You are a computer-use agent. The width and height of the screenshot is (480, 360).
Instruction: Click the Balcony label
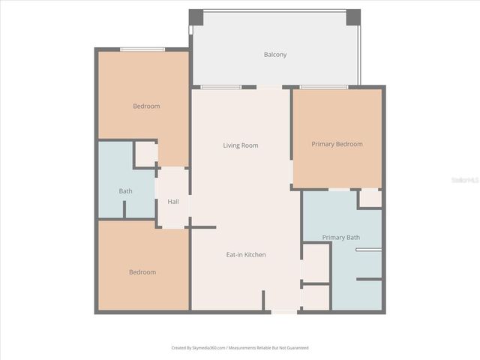(274, 55)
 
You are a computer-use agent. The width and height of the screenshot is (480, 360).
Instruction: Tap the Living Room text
(240, 145)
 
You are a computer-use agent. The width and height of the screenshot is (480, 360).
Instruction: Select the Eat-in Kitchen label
(245, 255)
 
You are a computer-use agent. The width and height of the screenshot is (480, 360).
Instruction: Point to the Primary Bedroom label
(337, 144)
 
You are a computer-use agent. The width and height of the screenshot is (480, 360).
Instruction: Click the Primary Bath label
(340, 238)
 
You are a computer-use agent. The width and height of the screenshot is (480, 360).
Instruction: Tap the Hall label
(173, 202)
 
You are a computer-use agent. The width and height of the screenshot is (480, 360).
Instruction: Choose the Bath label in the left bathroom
(125, 191)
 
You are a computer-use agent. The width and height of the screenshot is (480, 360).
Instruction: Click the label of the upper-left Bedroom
(146, 106)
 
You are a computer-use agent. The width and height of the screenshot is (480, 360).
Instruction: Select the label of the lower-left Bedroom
(142, 272)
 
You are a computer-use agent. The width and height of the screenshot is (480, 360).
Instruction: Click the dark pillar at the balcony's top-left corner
(195, 16)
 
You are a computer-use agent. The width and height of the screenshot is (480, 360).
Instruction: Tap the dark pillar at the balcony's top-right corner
(353, 16)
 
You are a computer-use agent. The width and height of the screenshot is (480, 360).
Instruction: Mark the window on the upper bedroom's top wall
(142, 49)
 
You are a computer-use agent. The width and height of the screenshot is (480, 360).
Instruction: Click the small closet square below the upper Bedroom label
(145, 154)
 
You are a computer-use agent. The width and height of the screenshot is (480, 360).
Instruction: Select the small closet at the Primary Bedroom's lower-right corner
(370, 199)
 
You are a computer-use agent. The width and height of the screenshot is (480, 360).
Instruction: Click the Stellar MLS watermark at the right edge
(467, 180)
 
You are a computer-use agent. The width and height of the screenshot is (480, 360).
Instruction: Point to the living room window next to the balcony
(220, 87)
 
